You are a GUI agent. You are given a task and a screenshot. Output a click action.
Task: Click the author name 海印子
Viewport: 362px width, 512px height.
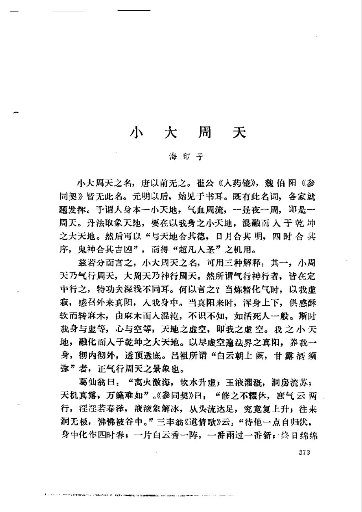pos(186,156)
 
